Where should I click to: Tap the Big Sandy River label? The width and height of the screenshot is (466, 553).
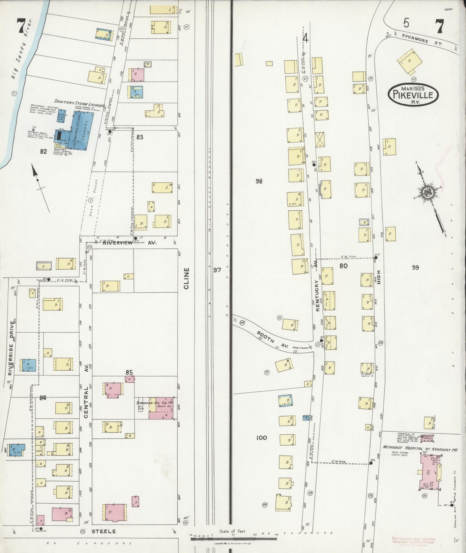(x=23, y=48)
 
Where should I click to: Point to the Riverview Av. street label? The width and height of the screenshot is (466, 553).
(x=129, y=243)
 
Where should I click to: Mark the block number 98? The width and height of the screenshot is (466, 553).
(x=259, y=181)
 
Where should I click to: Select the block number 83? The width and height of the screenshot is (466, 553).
(x=140, y=137)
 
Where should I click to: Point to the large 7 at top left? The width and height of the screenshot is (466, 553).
(x=21, y=26)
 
